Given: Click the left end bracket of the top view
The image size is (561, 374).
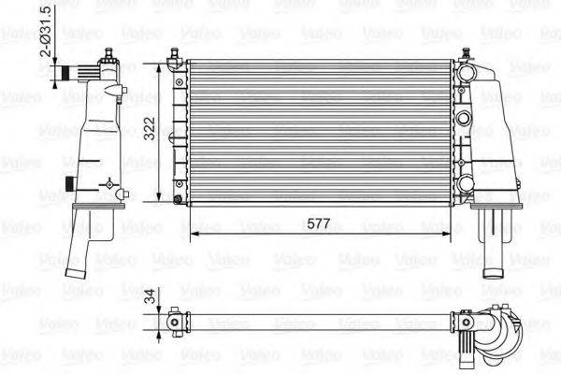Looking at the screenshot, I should (175, 321).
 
